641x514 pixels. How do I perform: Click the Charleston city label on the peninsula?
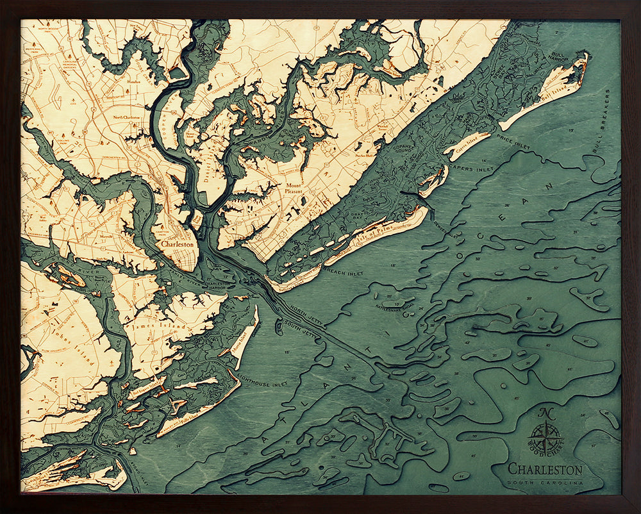[x=178, y=244]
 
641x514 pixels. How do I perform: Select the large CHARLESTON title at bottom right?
[x=545, y=470]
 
